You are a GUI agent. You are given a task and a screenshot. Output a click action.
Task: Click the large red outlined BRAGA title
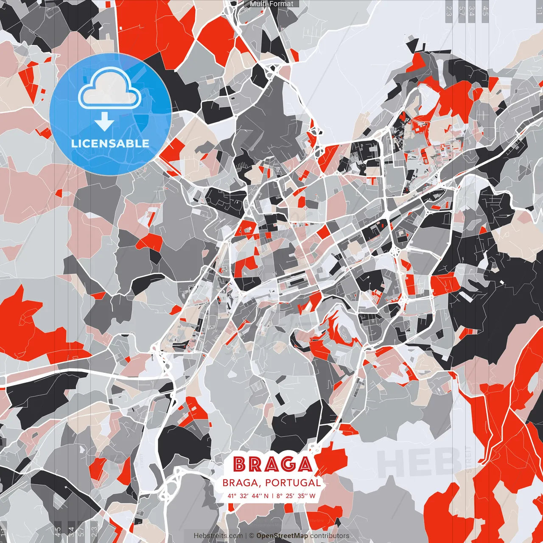(273, 464)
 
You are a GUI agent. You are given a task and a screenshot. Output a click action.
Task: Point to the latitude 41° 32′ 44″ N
(248, 495)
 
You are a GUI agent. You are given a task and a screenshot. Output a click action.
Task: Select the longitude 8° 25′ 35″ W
(296, 495)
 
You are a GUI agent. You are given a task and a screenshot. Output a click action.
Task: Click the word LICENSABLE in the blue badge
(110, 143)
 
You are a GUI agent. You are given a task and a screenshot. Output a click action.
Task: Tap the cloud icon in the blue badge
(110, 90)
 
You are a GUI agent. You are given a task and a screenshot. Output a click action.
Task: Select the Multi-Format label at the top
(271, 4)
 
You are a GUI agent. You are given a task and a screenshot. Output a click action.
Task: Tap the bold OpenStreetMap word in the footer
(282, 536)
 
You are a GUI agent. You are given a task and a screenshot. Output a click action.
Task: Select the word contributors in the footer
(330, 536)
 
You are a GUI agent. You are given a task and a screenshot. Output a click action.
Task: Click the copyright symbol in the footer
(251, 536)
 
